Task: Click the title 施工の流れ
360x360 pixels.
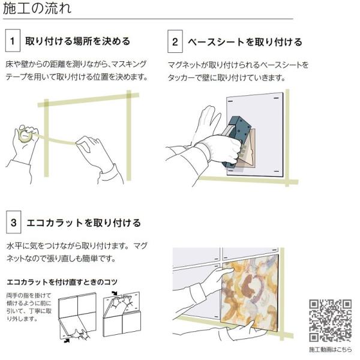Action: click(37, 9)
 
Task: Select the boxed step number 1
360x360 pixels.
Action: click(13, 40)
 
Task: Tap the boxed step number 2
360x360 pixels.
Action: click(175, 41)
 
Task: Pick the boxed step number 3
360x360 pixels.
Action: click(14, 222)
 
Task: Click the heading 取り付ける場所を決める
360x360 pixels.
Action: click(78, 41)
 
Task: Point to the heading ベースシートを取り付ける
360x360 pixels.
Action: click(245, 42)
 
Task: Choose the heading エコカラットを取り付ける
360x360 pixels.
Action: click(83, 223)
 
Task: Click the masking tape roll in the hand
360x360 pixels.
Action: click(25, 136)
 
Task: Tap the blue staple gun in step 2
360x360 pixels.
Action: click(236, 142)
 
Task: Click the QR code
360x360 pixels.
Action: click(330, 320)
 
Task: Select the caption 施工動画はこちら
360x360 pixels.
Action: click(330, 349)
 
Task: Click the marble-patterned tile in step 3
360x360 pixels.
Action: click(250, 293)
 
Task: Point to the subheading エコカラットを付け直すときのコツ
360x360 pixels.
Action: click(62, 282)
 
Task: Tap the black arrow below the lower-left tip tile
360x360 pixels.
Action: click(67, 341)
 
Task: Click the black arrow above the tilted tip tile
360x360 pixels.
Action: click(115, 293)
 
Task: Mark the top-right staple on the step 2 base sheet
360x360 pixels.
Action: click(276, 98)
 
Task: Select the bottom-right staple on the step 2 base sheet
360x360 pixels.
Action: click(277, 171)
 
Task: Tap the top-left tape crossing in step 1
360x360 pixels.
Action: click(46, 104)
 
